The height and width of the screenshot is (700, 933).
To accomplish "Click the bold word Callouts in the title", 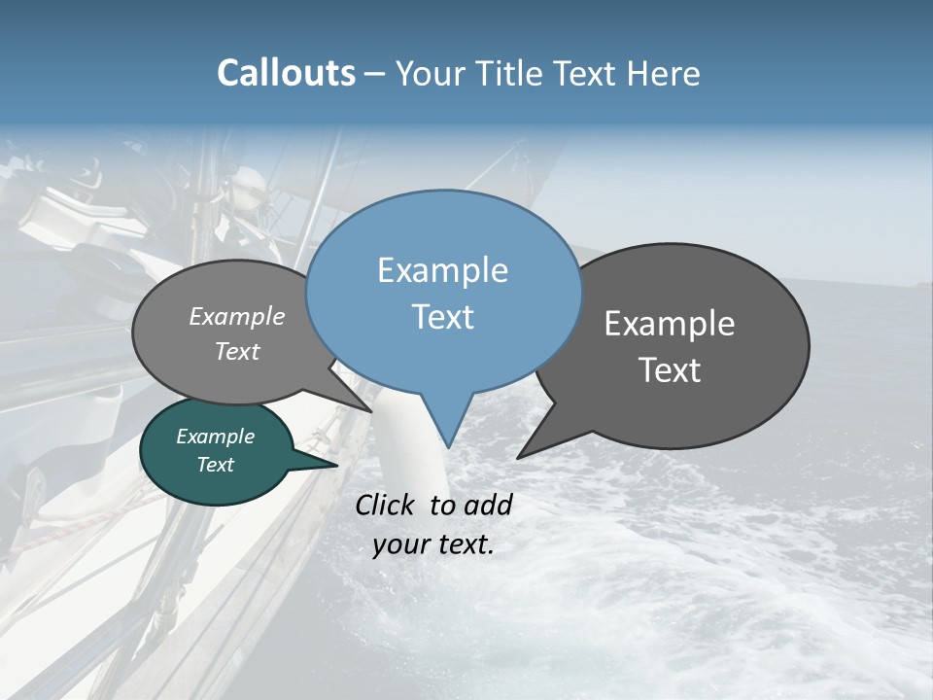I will click(x=286, y=73).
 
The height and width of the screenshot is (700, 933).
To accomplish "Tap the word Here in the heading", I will click(x=666, y=73).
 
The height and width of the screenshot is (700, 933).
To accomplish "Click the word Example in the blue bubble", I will click(x=442, y=270).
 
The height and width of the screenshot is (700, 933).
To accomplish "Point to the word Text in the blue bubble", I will click(x=442, y=317).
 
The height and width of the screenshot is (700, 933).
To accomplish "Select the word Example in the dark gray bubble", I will click(x=670, y=324).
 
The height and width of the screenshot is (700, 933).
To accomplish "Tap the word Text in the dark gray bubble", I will click(x=670, y=370).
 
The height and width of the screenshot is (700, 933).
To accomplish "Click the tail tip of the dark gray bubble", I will click(x=519, y=457).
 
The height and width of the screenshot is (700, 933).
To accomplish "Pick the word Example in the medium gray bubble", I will click(x=237, y=316).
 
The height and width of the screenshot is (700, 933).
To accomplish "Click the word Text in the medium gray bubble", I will click(x=237, y=351).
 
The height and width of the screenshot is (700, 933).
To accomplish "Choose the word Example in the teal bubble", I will click(x=215, y=437).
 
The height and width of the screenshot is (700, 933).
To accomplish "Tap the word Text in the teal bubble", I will click(x=215, y=465).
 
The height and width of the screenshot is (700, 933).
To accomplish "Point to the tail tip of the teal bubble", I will click(x=337, y=465).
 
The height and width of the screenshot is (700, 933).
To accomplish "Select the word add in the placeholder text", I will click(x=488, y=505).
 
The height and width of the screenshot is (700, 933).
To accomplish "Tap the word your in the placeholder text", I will click(x=399, y=544).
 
